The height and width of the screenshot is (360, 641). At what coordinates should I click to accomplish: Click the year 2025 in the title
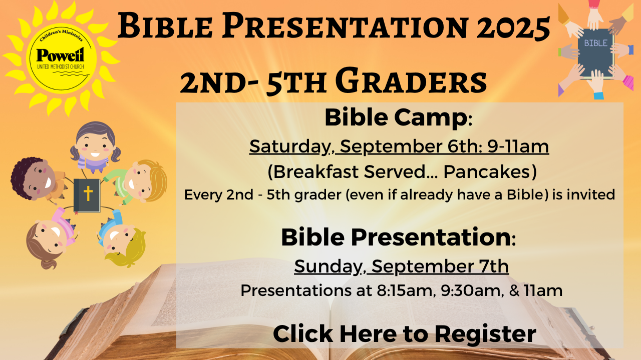tap(513, 26)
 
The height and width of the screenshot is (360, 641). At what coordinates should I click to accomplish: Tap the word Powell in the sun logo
tap(61, 54)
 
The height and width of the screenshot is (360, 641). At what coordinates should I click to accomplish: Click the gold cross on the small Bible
tap(88, 193)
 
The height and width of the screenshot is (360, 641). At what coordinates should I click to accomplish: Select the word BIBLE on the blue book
tap(595, 43)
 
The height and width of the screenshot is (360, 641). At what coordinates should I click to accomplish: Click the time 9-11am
tap(518, 146)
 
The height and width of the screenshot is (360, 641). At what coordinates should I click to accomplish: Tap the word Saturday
tap(289, 147)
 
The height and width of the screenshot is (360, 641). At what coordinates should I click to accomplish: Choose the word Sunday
tap(328, 267)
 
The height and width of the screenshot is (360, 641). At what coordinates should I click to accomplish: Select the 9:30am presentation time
tap(472, 290)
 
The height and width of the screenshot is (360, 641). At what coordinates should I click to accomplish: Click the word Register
tap(485, 334)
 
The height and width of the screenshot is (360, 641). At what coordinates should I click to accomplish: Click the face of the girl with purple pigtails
tap(95, 145)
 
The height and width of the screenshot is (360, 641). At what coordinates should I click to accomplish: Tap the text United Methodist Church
tap(61, 67)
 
